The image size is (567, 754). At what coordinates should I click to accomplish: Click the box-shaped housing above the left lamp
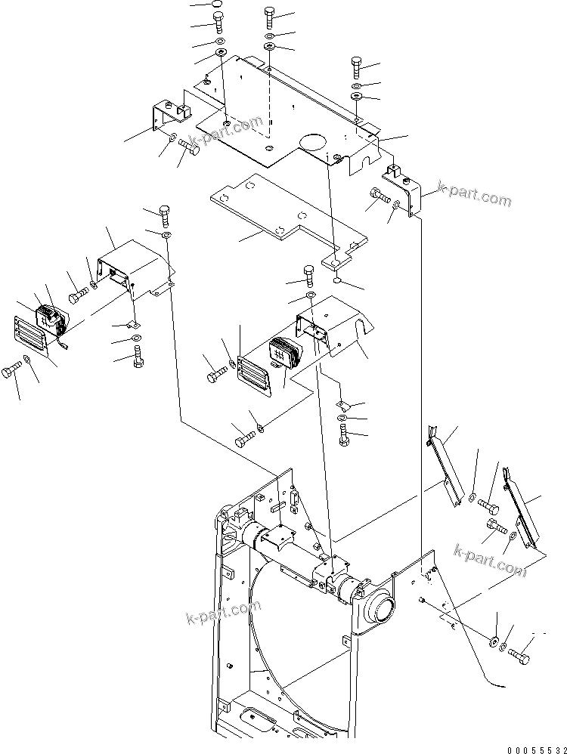[x=136, y=268]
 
